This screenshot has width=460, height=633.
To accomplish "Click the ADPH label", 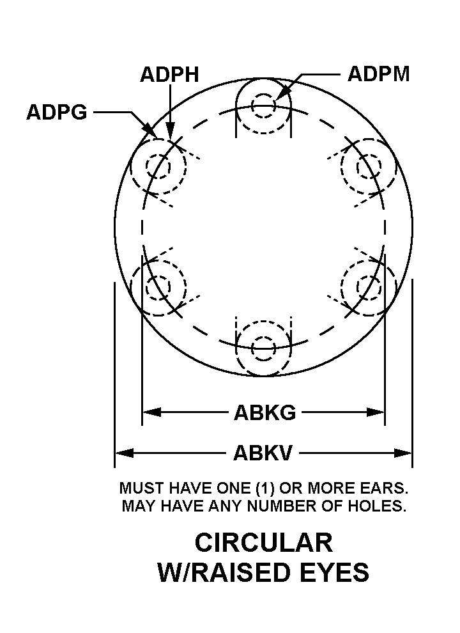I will click(169, 74).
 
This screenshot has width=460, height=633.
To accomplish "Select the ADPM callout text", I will click(378, 74).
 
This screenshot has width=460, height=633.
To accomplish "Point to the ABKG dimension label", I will click(264, 413).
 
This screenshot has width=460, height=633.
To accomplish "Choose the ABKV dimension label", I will click(263, 453).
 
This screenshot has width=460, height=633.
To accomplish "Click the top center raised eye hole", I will click(263, 105).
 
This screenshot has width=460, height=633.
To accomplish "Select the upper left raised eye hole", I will click(158, 167).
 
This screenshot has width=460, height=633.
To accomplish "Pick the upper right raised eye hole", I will click(369, 167).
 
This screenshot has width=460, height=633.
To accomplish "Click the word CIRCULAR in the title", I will click(263, 543).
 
